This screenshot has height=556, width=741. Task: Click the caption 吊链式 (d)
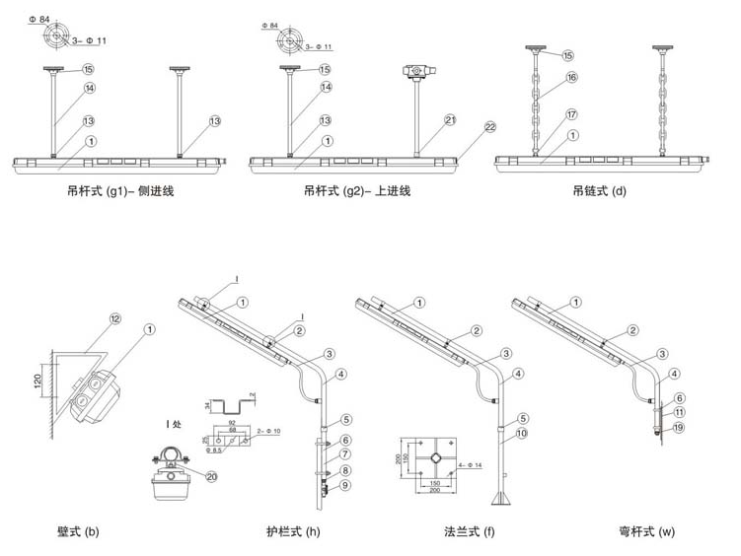coord(599,190)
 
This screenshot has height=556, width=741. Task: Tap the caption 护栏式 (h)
coord(293,533)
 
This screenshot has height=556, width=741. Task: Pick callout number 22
coord(490,127)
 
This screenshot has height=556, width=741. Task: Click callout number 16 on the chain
coord(571,77)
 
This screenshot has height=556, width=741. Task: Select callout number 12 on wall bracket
coord(114,318)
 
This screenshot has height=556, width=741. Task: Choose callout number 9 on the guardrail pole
coord(345,485)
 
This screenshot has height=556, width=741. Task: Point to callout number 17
coord(571,114)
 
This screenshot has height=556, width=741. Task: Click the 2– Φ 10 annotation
coord(274,431)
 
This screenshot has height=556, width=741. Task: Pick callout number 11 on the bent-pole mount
coord(681,412)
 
